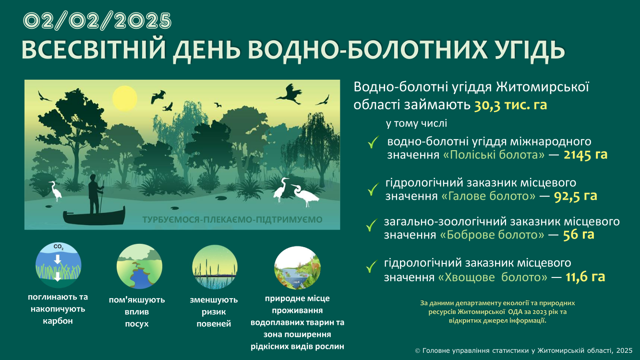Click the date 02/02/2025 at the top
(97, 21)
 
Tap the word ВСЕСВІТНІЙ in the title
(94, 50)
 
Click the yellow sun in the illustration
(124, 98)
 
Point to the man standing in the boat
(95, 194)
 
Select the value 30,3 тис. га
(510, 105)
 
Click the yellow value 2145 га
(585, 155)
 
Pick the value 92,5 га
(576, 196)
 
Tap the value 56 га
(579, 235)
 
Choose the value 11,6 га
(585, 277)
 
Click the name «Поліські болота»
(494, 155)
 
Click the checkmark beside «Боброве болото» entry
(371, 225)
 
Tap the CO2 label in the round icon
(59, 247)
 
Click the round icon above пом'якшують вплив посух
(139, 266)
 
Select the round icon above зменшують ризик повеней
(215, 267)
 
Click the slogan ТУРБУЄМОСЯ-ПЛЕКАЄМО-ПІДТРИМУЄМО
(232, 220)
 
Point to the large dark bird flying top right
(289, 94)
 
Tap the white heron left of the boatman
(56, 191)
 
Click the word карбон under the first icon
(58, 321)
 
